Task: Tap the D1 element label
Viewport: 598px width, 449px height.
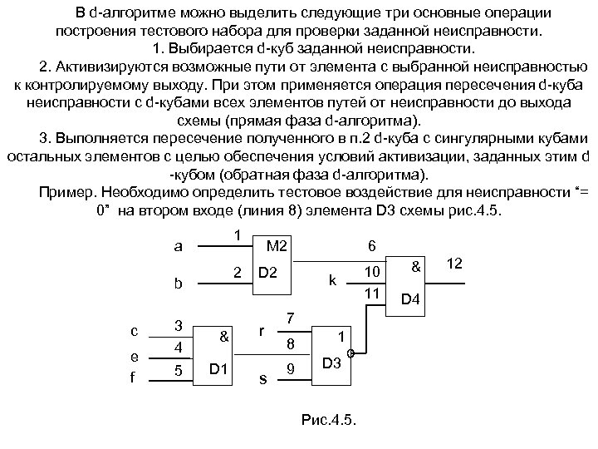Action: click(x=220, y=368)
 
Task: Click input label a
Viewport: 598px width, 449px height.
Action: click(x=177, y=247)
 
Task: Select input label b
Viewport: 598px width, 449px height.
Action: click(x=177, y=283)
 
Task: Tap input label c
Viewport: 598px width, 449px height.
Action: click(x=134, y=330)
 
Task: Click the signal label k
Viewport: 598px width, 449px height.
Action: click(x=332, y=281)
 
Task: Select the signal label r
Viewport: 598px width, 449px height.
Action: click(x=262, y=330)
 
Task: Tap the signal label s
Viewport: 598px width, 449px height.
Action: click(x=262, y=378)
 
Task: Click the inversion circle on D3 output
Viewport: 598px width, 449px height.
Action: click(x=351, y=353)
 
